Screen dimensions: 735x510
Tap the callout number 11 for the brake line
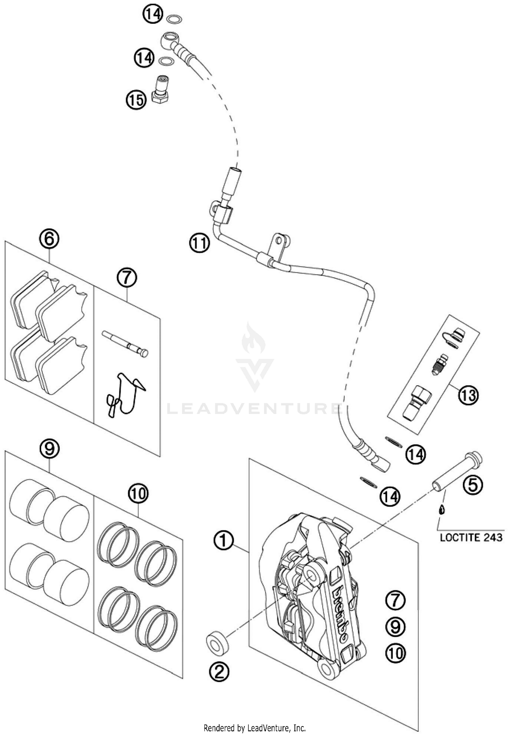[200, 244]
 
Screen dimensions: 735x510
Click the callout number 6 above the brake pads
[49, 239]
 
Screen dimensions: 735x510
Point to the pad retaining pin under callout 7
[125, 345]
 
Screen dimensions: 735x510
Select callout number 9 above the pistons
[50, 448]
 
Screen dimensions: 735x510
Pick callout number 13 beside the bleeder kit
[468, 395]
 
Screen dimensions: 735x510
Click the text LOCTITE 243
[471, 537]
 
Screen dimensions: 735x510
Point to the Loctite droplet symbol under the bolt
[442, 509]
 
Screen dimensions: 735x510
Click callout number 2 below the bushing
[219, 671]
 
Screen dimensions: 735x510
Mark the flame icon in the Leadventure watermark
[253, 339]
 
